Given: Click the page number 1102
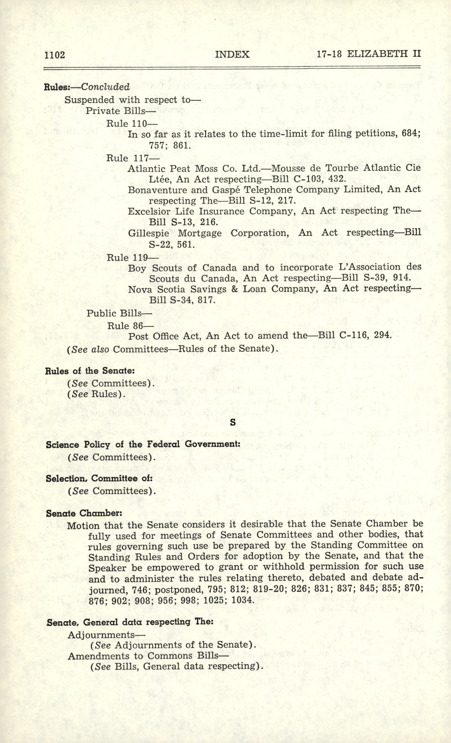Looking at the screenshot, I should [55, 55].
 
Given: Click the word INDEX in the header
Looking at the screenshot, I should [233, 54].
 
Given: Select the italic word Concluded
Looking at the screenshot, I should [105, 87].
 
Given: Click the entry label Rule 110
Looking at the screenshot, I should [126, 124].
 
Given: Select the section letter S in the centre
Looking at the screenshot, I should [233, 423].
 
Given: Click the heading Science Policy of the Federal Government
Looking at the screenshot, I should [143, 445].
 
